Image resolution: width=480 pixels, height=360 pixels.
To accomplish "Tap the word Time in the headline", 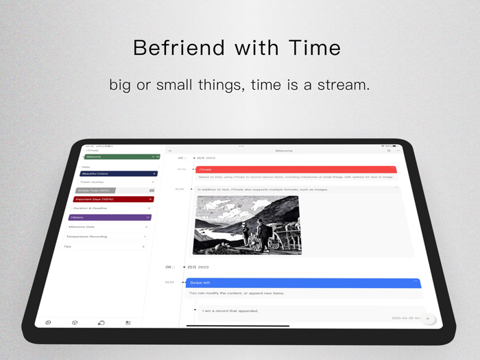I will (x=315, y=47).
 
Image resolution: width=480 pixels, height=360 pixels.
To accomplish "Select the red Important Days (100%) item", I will (x=112, y=200).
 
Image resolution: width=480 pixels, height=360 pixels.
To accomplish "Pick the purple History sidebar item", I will (x=109, y=217).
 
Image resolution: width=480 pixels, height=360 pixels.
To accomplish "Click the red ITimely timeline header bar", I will (x=295, y=169).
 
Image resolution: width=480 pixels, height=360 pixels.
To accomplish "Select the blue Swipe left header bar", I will (x=302, y=283).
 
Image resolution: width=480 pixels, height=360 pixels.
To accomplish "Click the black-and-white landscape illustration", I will (x=247, y=225).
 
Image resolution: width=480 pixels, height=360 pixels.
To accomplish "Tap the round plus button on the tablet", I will (x=428, y=319).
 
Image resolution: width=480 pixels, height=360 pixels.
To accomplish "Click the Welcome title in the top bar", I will (x=284, y=151).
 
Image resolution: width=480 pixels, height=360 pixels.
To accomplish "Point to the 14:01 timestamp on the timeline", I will (x=169, y=283).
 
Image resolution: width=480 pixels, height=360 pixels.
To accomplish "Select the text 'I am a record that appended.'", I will (x=230, y=311).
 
